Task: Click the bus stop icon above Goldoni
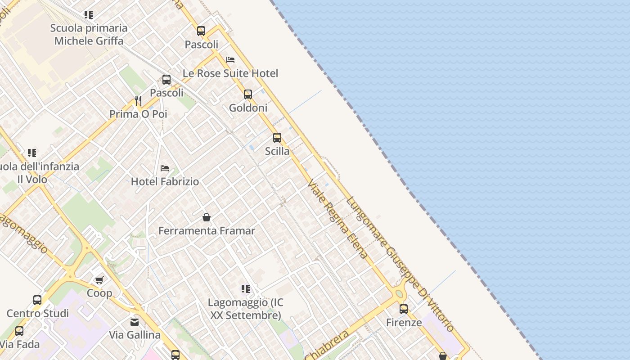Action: click(248, 94)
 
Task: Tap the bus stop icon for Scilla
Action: click(277, 138)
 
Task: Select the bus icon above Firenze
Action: click(404, 309)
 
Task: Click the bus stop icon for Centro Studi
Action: click(37, 300)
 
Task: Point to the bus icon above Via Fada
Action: click(19, 331)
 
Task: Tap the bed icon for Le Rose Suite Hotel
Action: click(230, 60)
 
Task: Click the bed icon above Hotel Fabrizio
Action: click(165, 168)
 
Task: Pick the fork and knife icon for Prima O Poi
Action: click(138, 101)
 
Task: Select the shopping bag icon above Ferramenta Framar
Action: click(207, 218)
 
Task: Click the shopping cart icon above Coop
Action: click(99, 280)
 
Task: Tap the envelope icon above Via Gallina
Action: click(135, 322)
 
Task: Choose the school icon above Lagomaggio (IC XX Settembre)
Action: click(245, 288)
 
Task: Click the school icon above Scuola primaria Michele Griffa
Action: click(89, 15)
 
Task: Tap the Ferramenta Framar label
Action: click(207, 231)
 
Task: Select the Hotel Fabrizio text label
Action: click(165, 182)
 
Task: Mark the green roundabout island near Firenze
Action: click(399, 294)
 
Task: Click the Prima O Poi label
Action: click(138, 114)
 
